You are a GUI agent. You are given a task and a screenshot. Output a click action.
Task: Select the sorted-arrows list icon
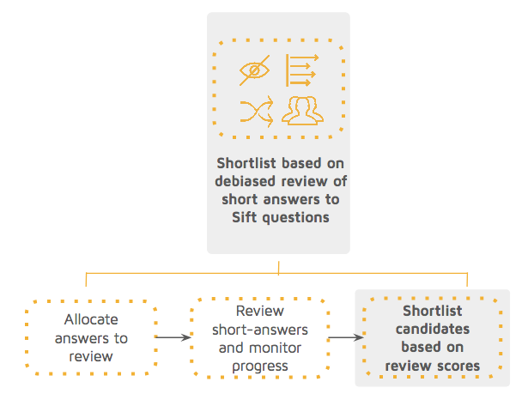(x=301, y=70)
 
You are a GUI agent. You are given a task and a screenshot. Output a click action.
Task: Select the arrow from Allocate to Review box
(x=173, y=338)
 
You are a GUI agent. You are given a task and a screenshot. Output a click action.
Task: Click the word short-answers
(x=259, y=330)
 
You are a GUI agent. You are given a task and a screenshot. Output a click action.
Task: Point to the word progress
(x=259, y=367)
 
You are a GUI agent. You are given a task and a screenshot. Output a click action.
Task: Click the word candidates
(x=433, y=330)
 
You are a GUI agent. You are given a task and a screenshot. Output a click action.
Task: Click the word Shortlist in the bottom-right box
(x=433, y=311)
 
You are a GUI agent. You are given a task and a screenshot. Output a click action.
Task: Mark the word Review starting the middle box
(x=259, y=311)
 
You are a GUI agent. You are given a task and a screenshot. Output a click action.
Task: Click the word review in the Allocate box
(x=91, y=356)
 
